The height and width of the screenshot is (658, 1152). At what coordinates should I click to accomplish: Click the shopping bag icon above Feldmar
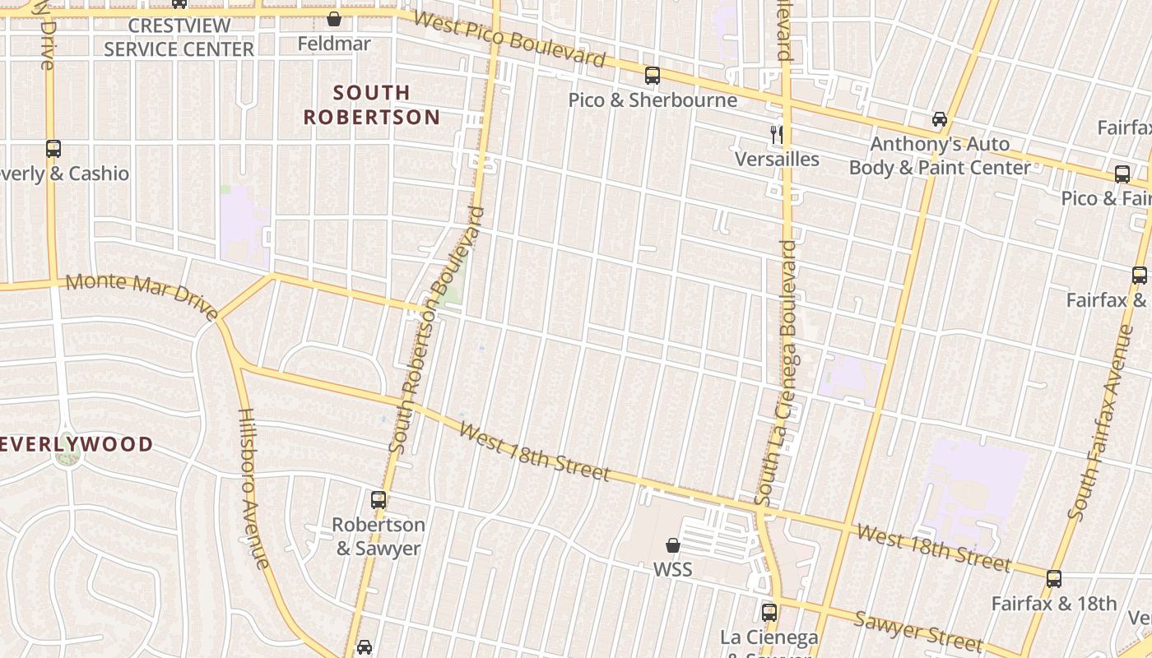click(x=334, y=19)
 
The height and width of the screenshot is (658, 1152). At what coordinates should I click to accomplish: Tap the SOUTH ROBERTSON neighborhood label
click(x=372, y=104)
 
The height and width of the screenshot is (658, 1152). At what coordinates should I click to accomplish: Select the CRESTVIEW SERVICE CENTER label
click(x=179, y=37)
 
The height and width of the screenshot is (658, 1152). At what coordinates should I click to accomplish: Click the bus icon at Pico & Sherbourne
click(x=653, y=76)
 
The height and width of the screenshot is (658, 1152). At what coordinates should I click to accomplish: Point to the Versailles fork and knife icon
click(x=777, y=134)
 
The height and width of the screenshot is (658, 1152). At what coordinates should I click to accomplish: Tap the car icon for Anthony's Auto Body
click(x=939, y=119)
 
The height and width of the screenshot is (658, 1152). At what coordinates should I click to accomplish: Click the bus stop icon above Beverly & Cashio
click(x=53, y=149)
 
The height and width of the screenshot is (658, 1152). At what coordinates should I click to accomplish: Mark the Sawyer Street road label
click(x=917, y=629)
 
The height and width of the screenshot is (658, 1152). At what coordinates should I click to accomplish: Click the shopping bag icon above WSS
click(x=673, y=545)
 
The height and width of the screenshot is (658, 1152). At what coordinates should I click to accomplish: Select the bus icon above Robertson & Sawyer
click(x=379, y=499)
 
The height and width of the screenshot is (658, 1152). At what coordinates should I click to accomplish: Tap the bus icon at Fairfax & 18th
click(x=1054, y=578)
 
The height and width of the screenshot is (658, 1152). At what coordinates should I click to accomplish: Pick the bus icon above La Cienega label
click(x=769, y=612)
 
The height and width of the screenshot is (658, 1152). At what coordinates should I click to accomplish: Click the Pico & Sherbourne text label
click(x=653, y=100)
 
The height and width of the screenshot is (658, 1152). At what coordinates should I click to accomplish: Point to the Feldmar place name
click(x=334, y=43)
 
